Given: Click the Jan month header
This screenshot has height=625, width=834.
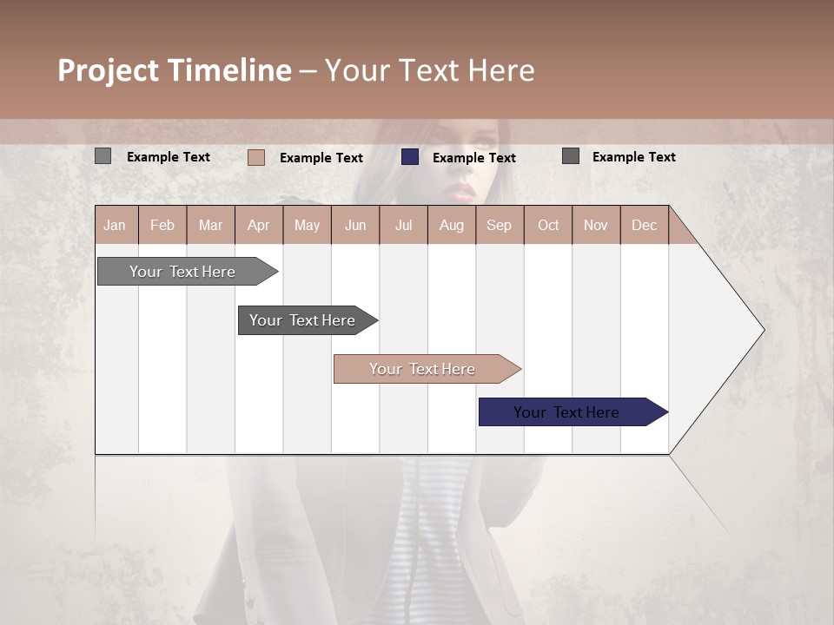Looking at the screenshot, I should click(x=115, y=225).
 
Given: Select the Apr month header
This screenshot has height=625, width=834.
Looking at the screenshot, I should click(x=258, y=225).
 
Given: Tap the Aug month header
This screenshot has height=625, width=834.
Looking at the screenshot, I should click(x=451, y=225).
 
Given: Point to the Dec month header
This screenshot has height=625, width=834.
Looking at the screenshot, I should click(x=644, y=225).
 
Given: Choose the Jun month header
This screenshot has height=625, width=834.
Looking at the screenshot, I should click(x=354, y=225).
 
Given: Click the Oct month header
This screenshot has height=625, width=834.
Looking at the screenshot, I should click(x=547, y=225).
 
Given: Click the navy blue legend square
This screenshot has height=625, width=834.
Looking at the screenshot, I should click(x=410, y=157).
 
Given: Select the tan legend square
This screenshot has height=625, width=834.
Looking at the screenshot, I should click(x=255, y=157).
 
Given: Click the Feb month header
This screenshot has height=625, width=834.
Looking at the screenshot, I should click(x=162, y=225).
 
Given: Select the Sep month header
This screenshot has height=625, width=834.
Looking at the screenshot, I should click(x=499, y=225).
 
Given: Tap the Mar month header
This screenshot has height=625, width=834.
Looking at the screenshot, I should click(x=210, y=225).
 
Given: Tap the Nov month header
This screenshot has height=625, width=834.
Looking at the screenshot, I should click(x=595, y=225).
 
